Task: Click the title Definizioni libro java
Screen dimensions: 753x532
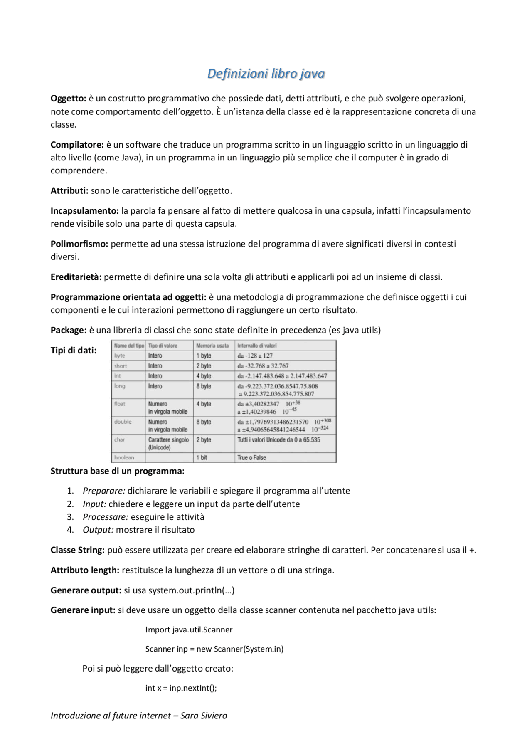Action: (266, 74)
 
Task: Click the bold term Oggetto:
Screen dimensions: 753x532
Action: (68, 99)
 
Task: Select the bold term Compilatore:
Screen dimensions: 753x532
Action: (77, 145)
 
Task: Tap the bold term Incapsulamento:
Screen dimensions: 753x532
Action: (85, 211)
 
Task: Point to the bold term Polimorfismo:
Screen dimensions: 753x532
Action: (79, 244)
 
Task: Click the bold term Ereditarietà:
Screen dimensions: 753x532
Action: (76, 277)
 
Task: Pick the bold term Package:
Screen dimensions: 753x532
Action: (69, 330)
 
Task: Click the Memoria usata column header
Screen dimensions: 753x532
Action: (212, 346)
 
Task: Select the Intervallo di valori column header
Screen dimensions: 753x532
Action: (257, 346)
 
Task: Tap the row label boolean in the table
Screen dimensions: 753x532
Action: (124, 457)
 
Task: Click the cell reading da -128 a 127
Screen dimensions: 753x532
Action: (255, 356)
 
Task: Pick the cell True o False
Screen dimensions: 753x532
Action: (251, 457)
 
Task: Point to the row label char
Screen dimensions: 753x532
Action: (119, 439)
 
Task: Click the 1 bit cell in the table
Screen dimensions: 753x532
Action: (202, 457)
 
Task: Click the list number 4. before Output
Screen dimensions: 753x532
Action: (70, 530)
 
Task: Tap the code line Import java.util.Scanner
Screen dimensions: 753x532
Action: (189, 630)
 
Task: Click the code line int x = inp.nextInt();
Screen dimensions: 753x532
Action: (181, 688)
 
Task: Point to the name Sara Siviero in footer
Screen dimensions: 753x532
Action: (204, 716)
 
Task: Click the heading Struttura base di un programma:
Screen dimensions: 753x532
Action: (118, 471)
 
